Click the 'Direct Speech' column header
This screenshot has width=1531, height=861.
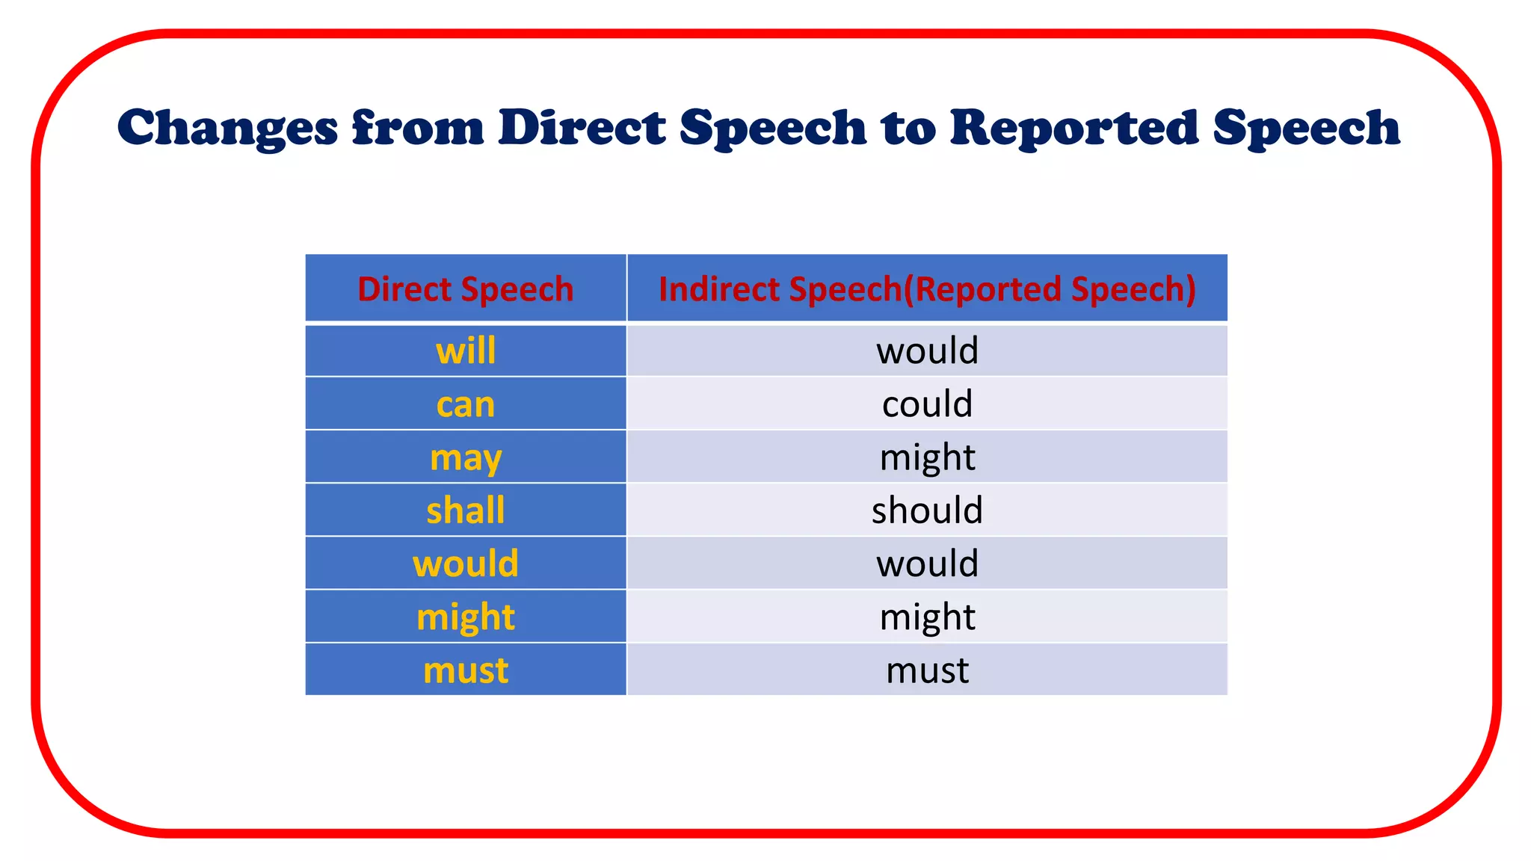pyautogui.click(x=465, y=289)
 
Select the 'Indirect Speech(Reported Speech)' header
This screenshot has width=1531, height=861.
pyautogui.click(x=927, y=289)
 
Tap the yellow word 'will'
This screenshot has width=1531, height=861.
pyautogui.click(x=465, y=351)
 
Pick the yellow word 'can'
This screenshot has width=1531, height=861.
pyautogui.click(x=465, y=404)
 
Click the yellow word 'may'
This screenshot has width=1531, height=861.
pyautogui.click(x=465, y=458)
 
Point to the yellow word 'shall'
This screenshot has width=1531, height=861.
pyautogui.click(x=465, y=510)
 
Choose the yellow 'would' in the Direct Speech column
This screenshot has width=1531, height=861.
pyautogui.click(x=465, y=564)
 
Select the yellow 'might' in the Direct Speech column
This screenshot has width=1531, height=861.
pyautogui.click(x=465, y=617)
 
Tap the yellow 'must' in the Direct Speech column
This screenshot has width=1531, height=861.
pyautogui.click(x=465, y=670)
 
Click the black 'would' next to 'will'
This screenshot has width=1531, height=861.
pyautogui.click(x=927, y=351)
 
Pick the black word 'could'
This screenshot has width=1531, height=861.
pyautogui.click(x=927, y=404)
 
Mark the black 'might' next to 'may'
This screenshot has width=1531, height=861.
pyautogui.click(x=927, y=457)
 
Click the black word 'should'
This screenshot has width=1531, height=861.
pyautogui.click(x=927, y=510)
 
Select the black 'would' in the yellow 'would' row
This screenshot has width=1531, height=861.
pyautogui.click(x=927, y=564)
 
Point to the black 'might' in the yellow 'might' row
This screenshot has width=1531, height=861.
pyautogui.click(x=927, y=617)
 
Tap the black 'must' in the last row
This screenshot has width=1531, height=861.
pyautogui.click(x=927, y=670)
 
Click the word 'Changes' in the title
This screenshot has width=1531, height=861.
pyautogui.click(x=227, y=128)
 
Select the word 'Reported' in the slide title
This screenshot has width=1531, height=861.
pyautogui.click(x=1073, y=128)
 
